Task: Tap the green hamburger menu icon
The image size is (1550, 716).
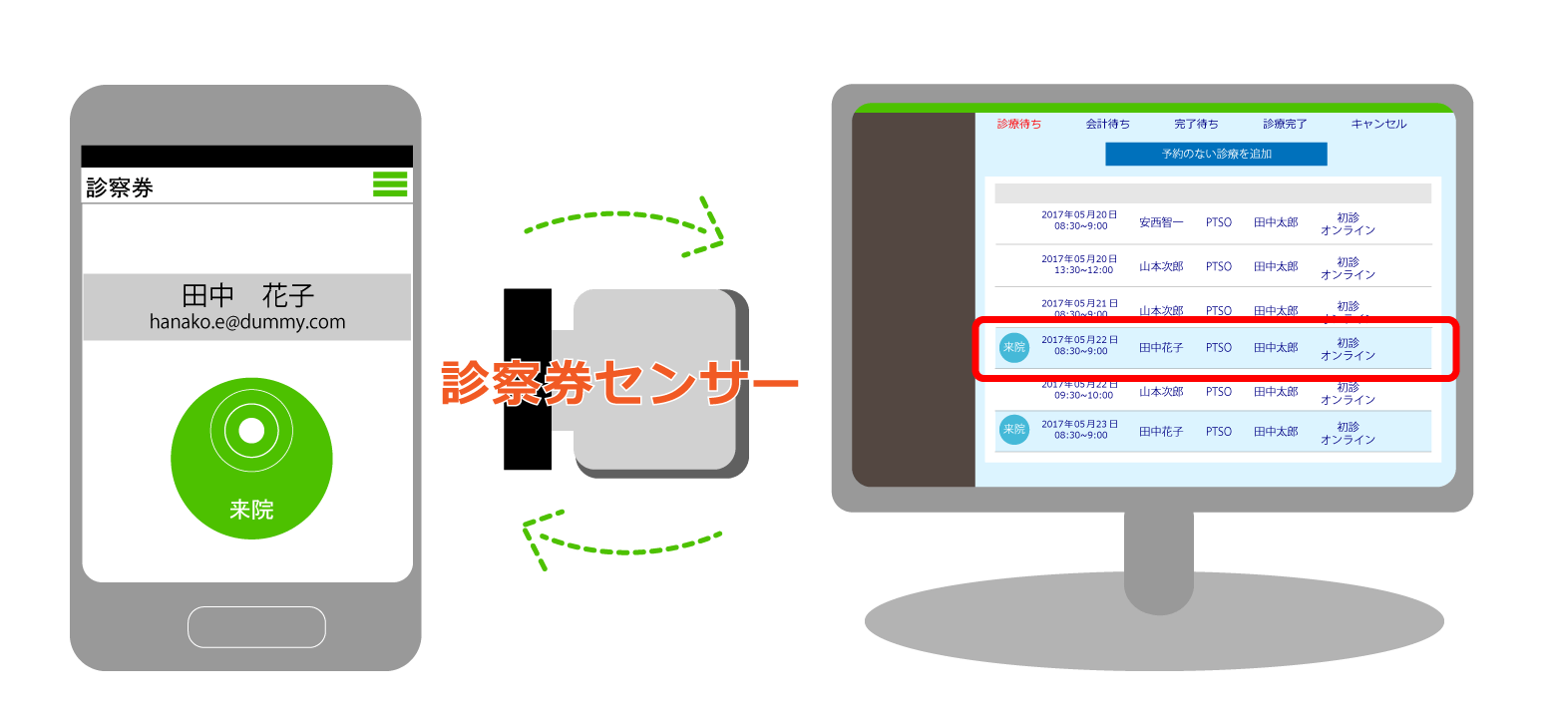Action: point(390,184)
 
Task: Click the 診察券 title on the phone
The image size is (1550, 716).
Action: point(120,187)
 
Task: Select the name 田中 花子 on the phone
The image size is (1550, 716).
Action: point(247,295)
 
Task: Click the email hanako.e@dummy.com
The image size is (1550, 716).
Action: point(247,322)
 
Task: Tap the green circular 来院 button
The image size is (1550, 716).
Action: point(251,459)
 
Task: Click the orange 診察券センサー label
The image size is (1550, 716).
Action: point(619,383)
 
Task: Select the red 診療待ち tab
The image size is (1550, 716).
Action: point(1019,125)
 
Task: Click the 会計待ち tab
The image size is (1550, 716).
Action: point(1108,125)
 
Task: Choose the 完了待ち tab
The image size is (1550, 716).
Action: point(1196,125)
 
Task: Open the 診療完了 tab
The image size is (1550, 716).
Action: point(1285,125)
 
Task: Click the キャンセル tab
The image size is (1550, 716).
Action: point(1378,125)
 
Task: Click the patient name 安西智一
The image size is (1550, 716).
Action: point(1161,222)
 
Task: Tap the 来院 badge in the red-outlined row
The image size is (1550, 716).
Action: point(1013,348)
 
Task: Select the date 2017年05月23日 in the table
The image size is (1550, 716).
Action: point(1080,424)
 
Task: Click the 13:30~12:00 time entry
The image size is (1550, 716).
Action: point(1080,270)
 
